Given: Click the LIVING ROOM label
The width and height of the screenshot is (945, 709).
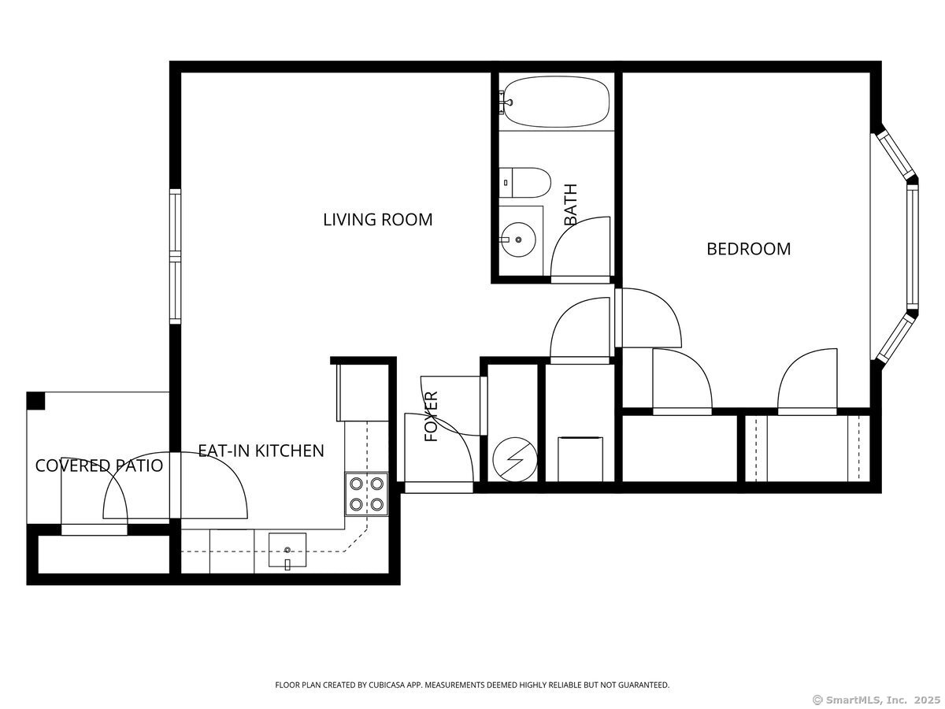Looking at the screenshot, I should (378, 219).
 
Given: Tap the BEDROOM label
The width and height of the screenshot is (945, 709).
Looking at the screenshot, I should (748, 249).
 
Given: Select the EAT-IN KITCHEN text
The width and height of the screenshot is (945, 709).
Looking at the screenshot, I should (261, 451).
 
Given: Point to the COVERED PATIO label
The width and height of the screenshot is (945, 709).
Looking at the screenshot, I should (99, 466).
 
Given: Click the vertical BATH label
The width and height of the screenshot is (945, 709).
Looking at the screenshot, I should (571, 204).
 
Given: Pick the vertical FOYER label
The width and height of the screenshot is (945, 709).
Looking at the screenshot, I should (432, 416).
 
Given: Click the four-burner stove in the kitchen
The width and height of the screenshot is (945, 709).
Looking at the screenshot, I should (367, 494).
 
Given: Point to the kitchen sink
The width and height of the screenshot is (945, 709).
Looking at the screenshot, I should (287, 549).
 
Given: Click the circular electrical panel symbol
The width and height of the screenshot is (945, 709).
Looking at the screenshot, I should (513, 458).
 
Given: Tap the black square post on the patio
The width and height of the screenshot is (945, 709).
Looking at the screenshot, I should (36, 401).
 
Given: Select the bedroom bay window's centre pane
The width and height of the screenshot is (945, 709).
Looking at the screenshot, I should (912, 248).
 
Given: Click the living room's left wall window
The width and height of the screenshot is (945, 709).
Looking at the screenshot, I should (176, 256).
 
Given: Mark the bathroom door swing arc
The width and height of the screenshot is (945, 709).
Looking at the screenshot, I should (583, 244).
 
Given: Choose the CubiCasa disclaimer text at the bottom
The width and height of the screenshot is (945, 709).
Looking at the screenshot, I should (472, 685).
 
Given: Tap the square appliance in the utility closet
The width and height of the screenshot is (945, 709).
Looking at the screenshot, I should (580, 458).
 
